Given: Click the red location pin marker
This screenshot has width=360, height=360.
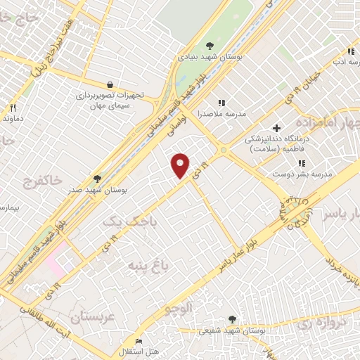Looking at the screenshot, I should click(x=181, y=165).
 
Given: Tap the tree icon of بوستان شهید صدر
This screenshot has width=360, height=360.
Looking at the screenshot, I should click(x=97, y=179).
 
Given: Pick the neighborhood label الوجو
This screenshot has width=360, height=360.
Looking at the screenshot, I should click(x=178, y=307).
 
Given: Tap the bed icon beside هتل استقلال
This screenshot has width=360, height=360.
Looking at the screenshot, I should click(x=138, y=341).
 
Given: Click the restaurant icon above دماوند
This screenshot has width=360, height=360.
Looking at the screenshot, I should click(x=12, y=108).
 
